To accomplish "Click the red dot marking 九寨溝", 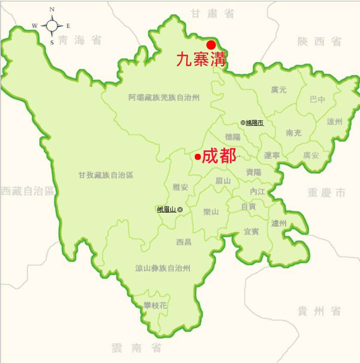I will (211, 45).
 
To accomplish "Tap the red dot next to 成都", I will (197, 157).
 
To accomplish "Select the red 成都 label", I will (219, 156).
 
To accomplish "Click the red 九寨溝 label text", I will (201, 59).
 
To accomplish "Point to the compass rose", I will (52, 26).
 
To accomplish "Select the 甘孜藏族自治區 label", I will (106, 175).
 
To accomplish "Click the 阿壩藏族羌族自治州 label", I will (164, 98).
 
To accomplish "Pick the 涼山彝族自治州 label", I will (163, 268).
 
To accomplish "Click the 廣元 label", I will (279, 90).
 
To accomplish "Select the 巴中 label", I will (318, 99).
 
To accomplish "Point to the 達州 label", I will (335, 122).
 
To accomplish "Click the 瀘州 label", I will (279, 223).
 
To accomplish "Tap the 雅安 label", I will (180, 187).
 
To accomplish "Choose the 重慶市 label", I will (327, 193).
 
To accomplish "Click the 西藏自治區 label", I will (27, 191).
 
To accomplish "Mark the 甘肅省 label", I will (213, 14).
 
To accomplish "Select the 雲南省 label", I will (136, 348).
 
